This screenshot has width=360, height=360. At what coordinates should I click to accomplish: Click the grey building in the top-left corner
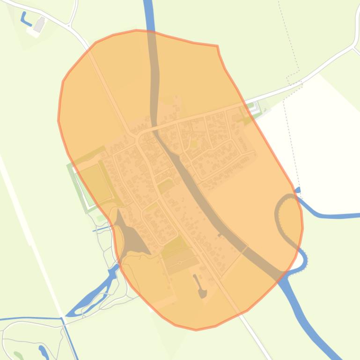pyautogui.click(x=40, y=24)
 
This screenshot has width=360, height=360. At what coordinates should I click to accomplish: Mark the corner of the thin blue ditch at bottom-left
pyautogui.click(x=61, y=319)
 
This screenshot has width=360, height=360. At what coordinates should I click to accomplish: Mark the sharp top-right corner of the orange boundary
pyautogui.click(x=217, y=46)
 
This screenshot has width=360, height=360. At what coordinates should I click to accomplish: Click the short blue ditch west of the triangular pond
pyautogui.click(x=101, y=230)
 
